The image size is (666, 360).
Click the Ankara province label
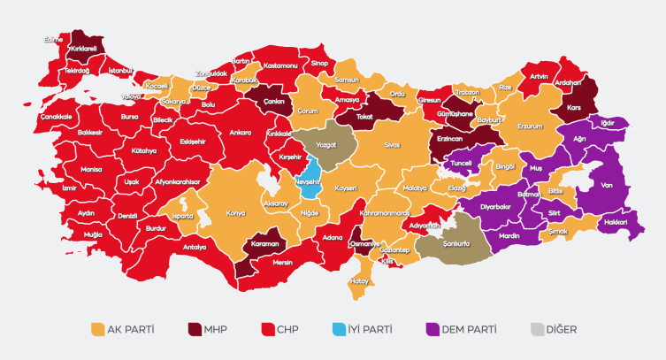click(241, 133)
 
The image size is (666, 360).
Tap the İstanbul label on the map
click(119, 70)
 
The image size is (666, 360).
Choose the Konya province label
click(236, 212)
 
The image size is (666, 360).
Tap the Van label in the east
click(607, 186)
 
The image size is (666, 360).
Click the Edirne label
click(55, 40)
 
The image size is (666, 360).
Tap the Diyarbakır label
click(495, 206)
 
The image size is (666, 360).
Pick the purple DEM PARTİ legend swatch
click(433, 330)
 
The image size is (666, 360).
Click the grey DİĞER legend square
click(536, 330)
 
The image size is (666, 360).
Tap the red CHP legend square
click(266, 330)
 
